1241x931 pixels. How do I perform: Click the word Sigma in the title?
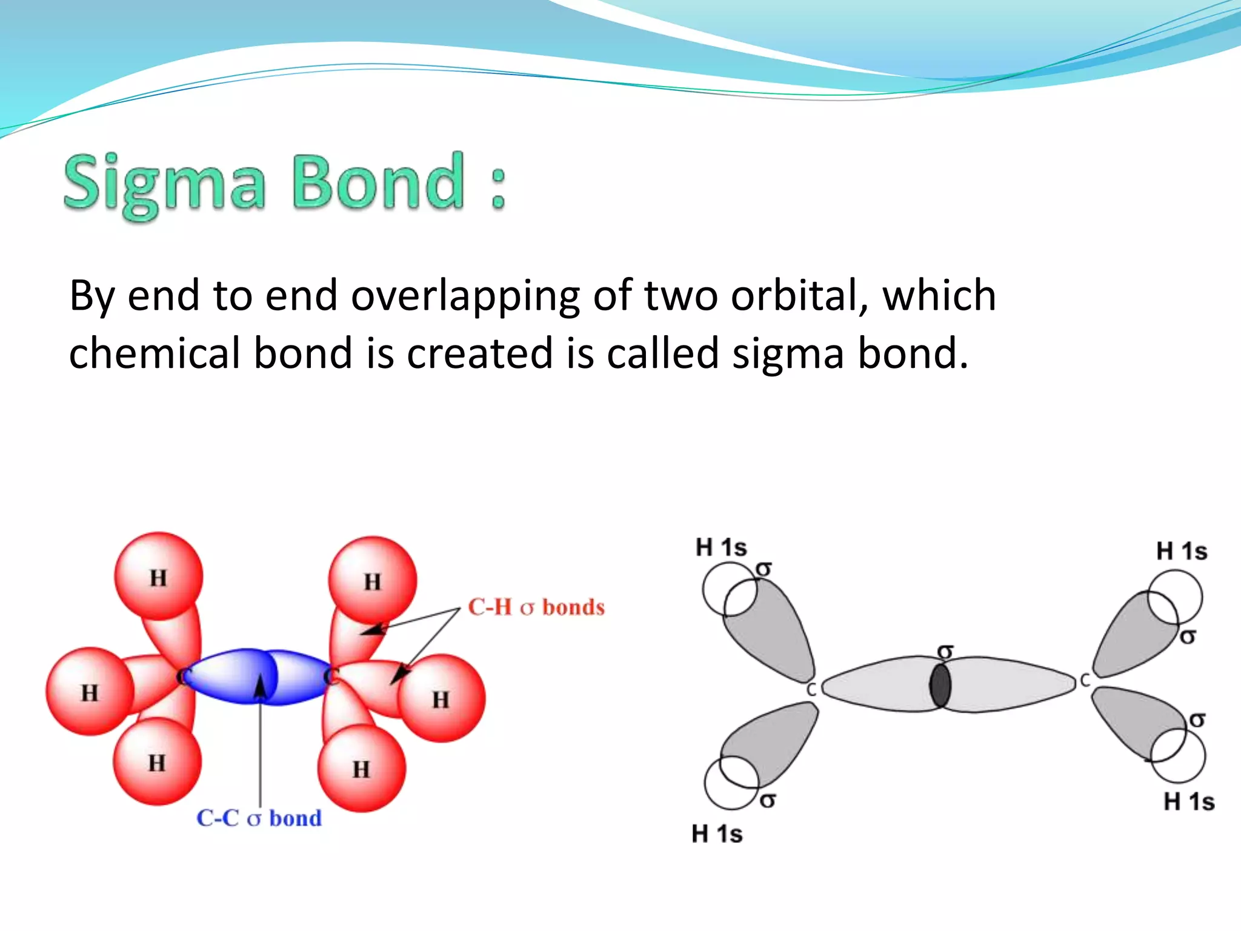[164, 184]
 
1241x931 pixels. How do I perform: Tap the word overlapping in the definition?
[465, 296]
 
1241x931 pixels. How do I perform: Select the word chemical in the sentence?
[155, 353]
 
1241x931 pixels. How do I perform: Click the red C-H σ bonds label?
[536, 607]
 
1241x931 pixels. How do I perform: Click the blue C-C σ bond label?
[259, 818]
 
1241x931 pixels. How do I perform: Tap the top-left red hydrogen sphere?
[159, 576]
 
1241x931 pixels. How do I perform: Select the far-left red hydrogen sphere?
[90, 692]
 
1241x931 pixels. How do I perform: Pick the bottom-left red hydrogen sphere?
[157, 762]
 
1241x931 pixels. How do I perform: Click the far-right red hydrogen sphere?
[441, 699]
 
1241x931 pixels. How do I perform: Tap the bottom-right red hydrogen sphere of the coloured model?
[361, 769]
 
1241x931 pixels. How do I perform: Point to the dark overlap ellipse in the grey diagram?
[940, 686]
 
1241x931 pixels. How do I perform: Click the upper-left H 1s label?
[721, 547]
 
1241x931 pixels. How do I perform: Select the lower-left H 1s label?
[717, 834]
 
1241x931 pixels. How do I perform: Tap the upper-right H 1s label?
[1182, 552]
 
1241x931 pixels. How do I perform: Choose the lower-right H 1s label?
[1189, 802]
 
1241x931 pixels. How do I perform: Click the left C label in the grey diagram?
[811, 690]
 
